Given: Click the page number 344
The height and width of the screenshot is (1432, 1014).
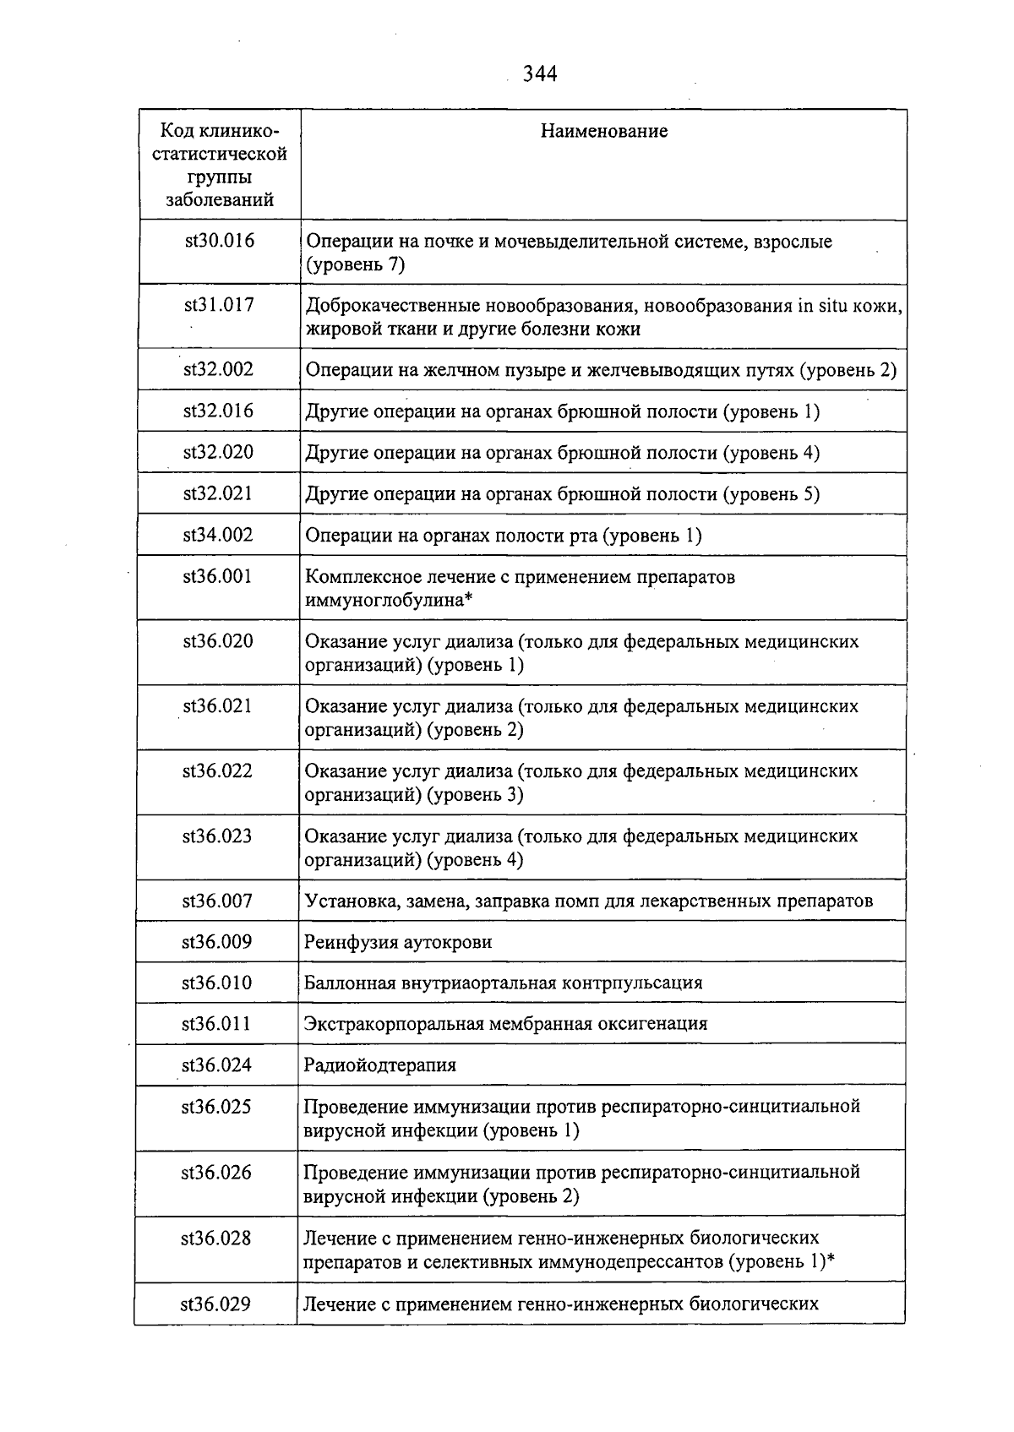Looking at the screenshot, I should coord(540,74).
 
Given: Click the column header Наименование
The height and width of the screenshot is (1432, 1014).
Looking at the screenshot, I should coord(603,131).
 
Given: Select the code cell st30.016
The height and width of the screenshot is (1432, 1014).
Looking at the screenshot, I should coord(219,241).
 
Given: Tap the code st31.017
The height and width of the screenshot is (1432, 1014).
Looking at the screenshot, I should coord(219,305).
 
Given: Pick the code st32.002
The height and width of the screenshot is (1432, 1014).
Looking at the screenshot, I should coord(218,369).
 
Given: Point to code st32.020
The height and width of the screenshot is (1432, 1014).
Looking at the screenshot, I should coord(218,452).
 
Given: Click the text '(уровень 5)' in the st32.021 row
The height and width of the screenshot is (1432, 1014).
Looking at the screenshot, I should coord(771,493).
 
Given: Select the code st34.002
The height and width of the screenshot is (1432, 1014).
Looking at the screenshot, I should coord(218,535).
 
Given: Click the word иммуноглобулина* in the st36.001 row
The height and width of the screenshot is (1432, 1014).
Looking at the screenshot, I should coord(388,600).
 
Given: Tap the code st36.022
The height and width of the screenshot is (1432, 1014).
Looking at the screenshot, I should coord(217,770).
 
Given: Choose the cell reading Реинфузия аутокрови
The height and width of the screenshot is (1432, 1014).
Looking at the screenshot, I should coord(398,942).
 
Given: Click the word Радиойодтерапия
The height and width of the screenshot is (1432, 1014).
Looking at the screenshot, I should coord(379,1065).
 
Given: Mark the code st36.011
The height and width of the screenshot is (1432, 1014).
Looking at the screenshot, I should coord(216,1024).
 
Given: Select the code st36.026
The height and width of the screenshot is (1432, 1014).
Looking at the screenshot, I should coord(216,1172).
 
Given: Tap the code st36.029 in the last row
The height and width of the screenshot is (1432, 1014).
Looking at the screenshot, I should coord(215,1304).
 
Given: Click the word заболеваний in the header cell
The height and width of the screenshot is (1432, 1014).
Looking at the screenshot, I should coord(219,200).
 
